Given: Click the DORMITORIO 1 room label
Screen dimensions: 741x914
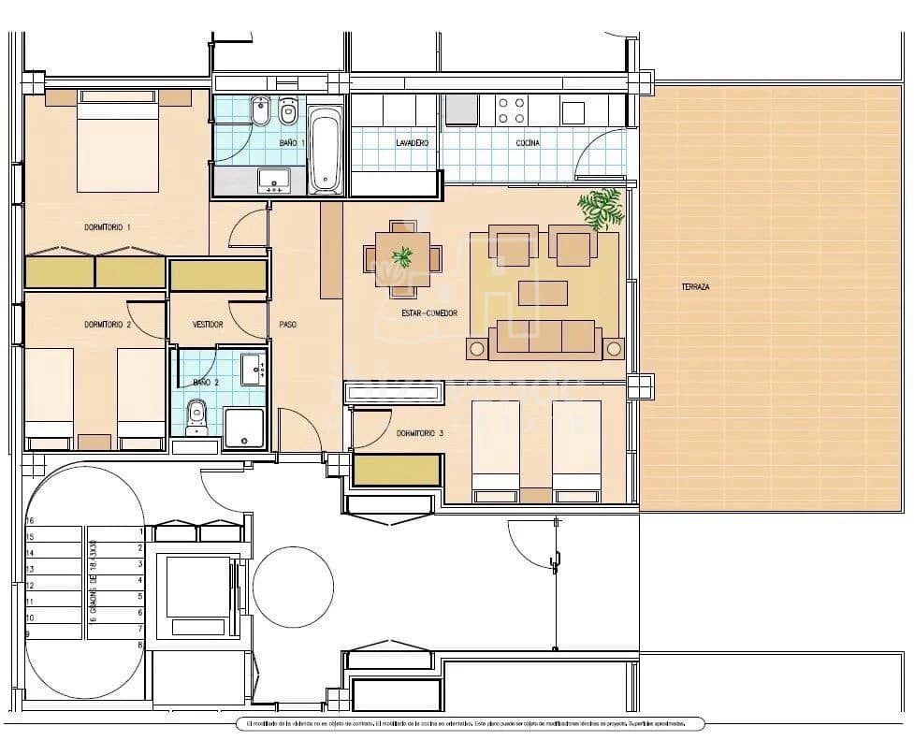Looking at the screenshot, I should click(108, 227).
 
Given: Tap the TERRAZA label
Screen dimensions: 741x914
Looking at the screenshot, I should click(695, 287).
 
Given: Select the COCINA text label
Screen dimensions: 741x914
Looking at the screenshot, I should click(527, 143).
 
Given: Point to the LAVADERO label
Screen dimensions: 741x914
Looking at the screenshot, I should click(412, 143).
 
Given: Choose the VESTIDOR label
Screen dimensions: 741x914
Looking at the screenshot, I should click(208, 325).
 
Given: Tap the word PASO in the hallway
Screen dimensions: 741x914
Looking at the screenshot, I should click(288, 325).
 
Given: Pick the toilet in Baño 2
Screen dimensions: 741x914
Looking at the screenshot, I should click(196, 414).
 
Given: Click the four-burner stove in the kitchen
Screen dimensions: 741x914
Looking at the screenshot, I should click(512, 111).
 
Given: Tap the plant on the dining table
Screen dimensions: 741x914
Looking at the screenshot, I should click(402, 255).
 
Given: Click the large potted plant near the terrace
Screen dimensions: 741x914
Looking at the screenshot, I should click(601, 208).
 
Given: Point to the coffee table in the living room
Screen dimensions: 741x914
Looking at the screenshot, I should click(543, 294).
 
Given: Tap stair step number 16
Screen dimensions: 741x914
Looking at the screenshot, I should click(30, 520).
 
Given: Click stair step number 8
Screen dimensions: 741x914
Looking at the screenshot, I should click(139, 646).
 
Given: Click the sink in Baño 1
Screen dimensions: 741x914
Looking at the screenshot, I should click(274, 180).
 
